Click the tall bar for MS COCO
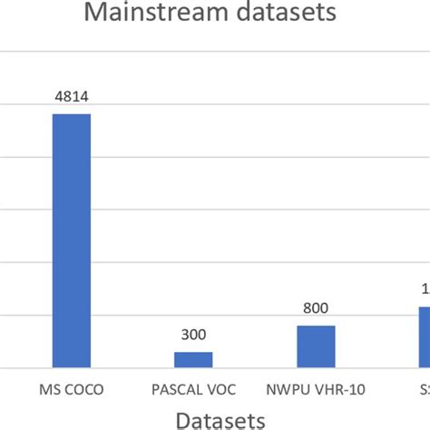72,240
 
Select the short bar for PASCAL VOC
193,359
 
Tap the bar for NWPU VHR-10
316,347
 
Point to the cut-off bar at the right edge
424,337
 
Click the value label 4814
72,99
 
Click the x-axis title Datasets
220,418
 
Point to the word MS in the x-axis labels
51,391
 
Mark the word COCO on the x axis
83,391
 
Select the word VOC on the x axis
220,391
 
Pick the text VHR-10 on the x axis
337,391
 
